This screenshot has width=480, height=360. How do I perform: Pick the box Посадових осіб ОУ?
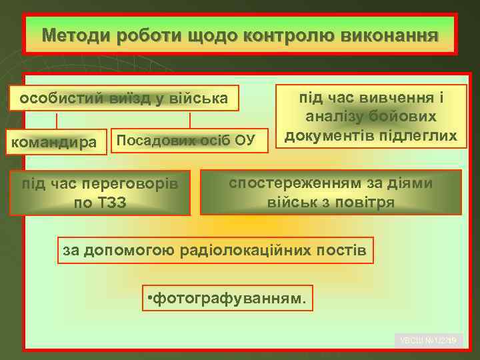pyautogui.click(x=187, y=140)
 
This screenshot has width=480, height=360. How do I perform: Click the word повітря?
pyautogui.click(x=367, y=201)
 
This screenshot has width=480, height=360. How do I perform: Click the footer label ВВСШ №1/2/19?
pyautogui.click(x=428, y=341)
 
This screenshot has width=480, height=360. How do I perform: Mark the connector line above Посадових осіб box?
pyautogui.click(x=190, y=120)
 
